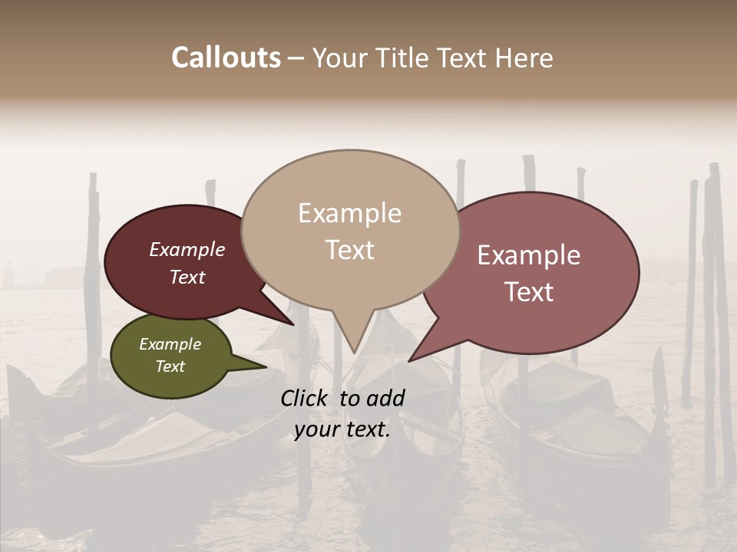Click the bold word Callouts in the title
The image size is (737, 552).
226,58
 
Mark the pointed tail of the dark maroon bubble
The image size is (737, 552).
292,324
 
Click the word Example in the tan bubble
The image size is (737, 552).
349,213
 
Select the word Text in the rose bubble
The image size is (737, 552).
529,292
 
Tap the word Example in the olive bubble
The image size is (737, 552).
170,344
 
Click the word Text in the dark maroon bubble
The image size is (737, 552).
187,277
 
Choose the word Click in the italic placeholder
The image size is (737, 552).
305,398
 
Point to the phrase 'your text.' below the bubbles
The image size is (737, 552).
342,429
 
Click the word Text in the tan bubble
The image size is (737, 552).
349,250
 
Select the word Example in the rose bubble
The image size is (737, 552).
529,255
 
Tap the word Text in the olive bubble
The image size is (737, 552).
170,366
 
